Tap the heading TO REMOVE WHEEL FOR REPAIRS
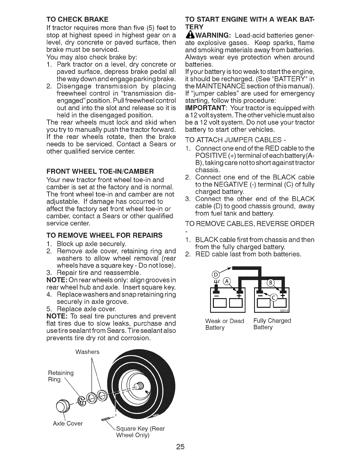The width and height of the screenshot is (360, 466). click(104, 235)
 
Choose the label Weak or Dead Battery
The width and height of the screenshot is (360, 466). click(225, 324)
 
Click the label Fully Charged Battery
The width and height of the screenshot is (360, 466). click(272, 324)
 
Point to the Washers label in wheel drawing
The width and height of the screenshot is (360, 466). click(87, 352)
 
